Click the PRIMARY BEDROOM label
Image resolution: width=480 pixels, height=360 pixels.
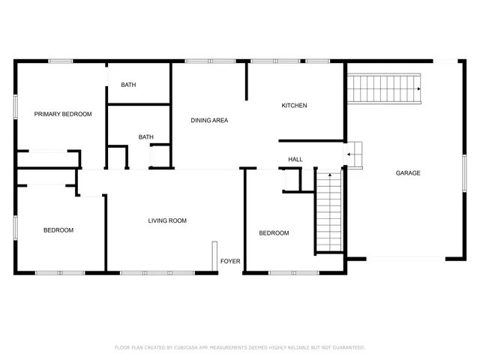[63, 114]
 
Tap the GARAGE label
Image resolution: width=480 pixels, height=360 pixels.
[408, 173]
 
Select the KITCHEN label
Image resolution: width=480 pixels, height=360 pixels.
[294, 106]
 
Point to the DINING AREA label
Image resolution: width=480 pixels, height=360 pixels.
[209, 120]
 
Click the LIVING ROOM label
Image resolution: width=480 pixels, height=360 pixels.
[167, 220]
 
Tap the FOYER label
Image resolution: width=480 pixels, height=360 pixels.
[229, 262]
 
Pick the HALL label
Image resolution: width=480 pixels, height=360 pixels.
[295, 159]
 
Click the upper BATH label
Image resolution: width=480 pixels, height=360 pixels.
[128, 85]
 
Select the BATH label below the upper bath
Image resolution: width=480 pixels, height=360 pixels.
[145, 136]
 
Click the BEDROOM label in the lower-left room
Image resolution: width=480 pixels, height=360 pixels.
[58, 230]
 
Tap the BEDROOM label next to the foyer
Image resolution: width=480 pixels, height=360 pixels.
[274, 233]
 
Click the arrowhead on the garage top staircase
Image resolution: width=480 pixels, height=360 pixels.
[418, 89]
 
